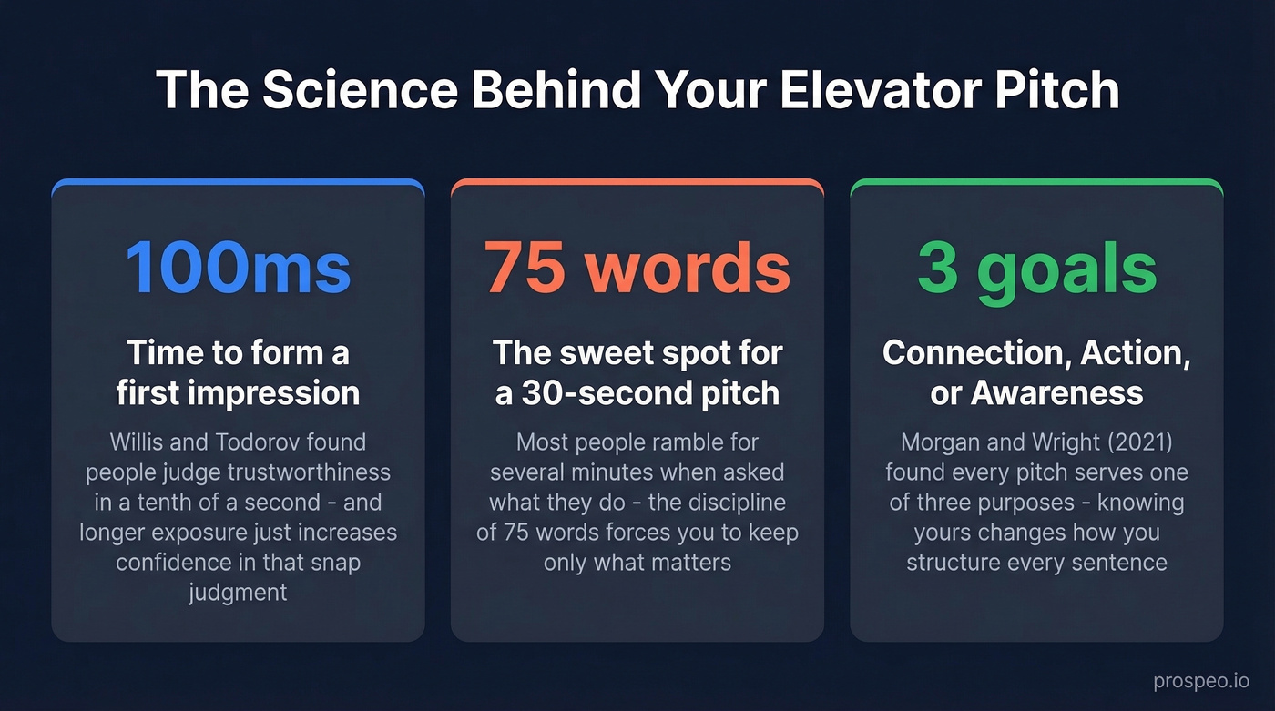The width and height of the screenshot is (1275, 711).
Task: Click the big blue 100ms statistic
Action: [x=238, y=268]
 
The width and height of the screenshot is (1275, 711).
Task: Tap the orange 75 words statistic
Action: [x=637, y=268]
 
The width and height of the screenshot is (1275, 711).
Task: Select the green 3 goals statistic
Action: [x=1036, y=268]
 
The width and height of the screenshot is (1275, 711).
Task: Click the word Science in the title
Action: [x=344, y=90]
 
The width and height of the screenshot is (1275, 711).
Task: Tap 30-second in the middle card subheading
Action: [x=601, y=392]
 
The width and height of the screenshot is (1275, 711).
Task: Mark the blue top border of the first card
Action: [x=238, y=183]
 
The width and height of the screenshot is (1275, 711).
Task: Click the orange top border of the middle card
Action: [x=637, y=183]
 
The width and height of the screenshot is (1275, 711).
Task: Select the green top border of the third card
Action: [x=1036, y=183]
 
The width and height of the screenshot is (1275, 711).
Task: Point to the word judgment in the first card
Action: [x=238, y=593]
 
